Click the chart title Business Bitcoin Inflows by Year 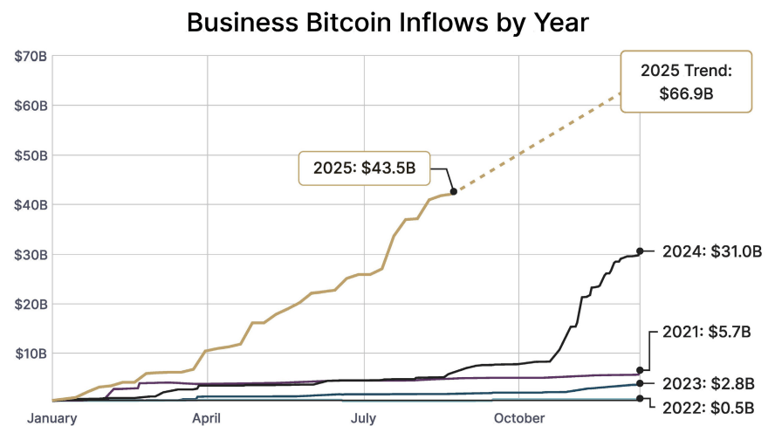387,23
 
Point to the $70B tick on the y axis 31,57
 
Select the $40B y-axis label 31,205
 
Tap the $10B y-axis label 31,354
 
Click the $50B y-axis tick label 31,155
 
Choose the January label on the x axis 52,418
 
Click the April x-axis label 207,418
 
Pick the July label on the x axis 364,418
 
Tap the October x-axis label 519,418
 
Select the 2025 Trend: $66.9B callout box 685,82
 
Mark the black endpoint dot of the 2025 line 453,190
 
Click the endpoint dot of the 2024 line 640,251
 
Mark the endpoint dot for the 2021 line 640,370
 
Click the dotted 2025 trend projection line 541,140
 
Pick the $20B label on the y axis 31,304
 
